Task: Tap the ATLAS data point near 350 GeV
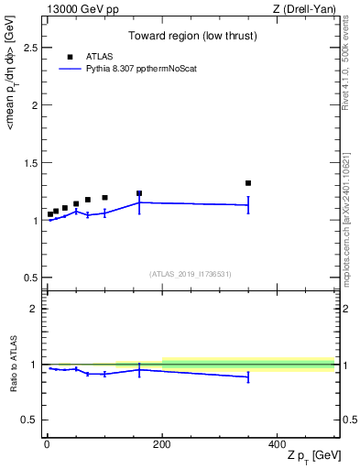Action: [x=248, y=183]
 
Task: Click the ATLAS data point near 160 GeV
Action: [x=139, y=193]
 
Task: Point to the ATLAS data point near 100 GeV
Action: [x=104, y=198]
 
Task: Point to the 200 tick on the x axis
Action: [x=162, y=443]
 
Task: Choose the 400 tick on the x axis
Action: [x=278, y=443]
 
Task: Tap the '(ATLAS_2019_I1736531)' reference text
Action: [x=191, y=274]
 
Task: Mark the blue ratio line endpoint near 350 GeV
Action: [x=248, y=376]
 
